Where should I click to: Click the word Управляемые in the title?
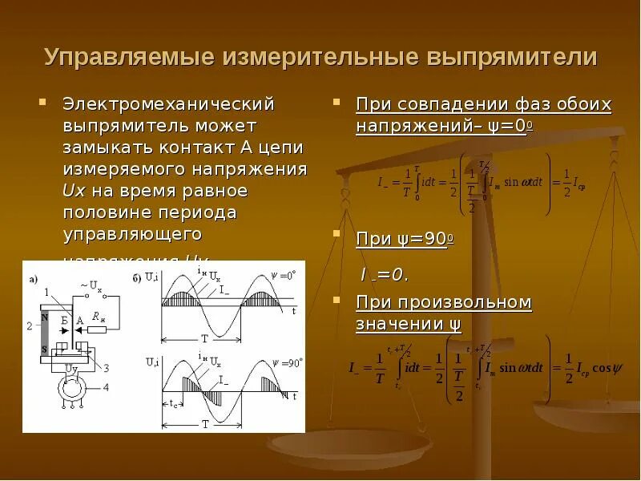(128, 57)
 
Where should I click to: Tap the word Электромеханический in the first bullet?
(169, 104)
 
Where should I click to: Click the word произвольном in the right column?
(474, 302)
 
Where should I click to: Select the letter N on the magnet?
(46, 317)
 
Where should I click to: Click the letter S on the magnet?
(46, 350)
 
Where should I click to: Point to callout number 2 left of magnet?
(29, 325)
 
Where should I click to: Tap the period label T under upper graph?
(204, 338)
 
